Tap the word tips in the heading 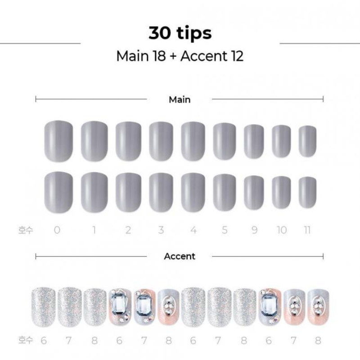pyautogui.click(x=194, y=33)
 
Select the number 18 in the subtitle pyautogui.click(x=159, y=56)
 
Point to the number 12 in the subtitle pyautogui.click(x=237, y=56)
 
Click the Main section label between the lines pyautogui.click(x=180, y=99)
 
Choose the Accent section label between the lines pyautogui.click(x=180, y=256)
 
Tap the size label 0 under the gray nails pyautogui.click(x=57, y=230)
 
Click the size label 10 pyautogui.click(x=282, y=230)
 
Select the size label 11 pyautogui.click(x=307, y=230)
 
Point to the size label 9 pyautogui.click(x=254, y=230)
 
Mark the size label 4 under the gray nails pyautogui.click(x=193, y=230)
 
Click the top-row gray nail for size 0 pyautogui.click(x=58, y=141)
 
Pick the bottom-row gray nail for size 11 pyautogui.click(x=307, y=193)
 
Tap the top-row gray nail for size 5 pyautogui.click(x=225, y=141)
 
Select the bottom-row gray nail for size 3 pyautogui.click(x=161, y=193)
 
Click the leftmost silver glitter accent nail pyautogui.click(x=43, y=307)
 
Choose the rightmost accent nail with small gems pyautogui.click(x=318, y=307)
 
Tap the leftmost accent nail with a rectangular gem pyautogui.click(x=120, y=307)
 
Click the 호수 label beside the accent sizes pyautogui.click(x=26, y=340)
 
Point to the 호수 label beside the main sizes pyautogui.click(x=26, y=230)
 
